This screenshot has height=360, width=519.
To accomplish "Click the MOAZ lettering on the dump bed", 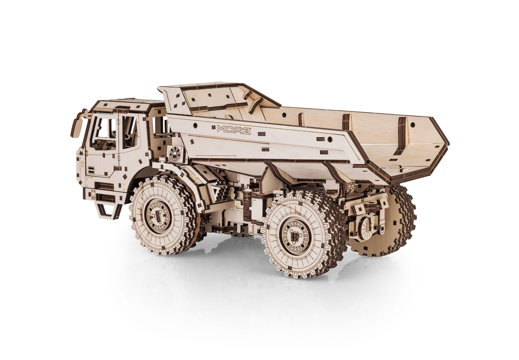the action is coord(234,129).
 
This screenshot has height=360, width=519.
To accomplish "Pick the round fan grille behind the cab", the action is coord(174,153).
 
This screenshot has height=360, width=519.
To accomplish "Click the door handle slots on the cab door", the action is coord(90,170).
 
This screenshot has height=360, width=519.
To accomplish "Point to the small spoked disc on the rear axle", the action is coord(365,228).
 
